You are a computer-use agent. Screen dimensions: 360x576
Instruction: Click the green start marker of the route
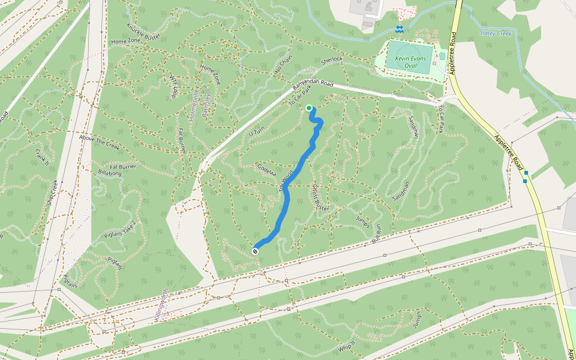coord(309,108)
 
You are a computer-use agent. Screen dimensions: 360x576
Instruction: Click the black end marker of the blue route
coord(256,251)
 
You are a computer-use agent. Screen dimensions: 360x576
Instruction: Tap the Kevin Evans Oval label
coord(410,62)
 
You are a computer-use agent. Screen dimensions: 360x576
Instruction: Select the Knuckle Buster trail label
coord(143,32)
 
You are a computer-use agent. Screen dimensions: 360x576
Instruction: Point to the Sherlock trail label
coord(331,60)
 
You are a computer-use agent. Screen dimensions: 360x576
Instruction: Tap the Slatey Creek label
coord(496,34)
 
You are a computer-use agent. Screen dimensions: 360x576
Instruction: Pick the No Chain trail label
coord(283,65)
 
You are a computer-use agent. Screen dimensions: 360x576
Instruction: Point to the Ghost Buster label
coord(320,197)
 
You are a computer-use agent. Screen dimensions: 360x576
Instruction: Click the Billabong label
coord(110,172)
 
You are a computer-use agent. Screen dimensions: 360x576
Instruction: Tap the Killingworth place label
coord(160,305)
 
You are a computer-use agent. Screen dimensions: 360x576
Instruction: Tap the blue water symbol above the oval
coord(399,29)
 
